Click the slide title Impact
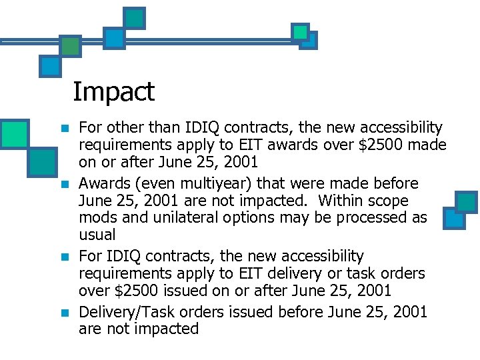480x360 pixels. click(x=113, y=92)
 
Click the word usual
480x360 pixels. click(x=97, y=235)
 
